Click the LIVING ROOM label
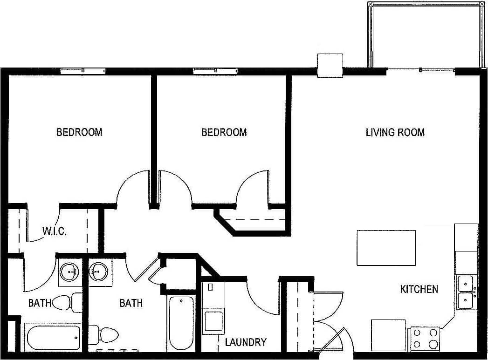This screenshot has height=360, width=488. coord(395,132)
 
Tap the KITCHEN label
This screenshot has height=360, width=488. coord(419,289)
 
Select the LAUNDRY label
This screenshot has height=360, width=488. coord(246,342)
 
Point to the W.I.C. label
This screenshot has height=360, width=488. coord(54,231)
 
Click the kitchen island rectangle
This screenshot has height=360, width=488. coord(386,248)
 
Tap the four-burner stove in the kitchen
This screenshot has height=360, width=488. coord(425,339)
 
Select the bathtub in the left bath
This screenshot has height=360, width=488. coord(54,337)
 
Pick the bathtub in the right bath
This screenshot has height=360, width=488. coord(181,322)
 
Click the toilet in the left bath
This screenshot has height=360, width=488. coord(63,303)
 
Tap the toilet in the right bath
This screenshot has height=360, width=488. coord(106,334)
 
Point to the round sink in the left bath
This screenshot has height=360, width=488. coord(70,271)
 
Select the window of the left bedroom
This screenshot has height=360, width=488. coord(82,71)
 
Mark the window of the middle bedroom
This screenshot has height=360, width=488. coord(216,71)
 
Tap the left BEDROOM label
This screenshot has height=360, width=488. coord(79,132)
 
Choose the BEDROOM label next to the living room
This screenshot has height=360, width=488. coord(224,132)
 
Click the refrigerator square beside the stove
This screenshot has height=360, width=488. coord(388,335)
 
